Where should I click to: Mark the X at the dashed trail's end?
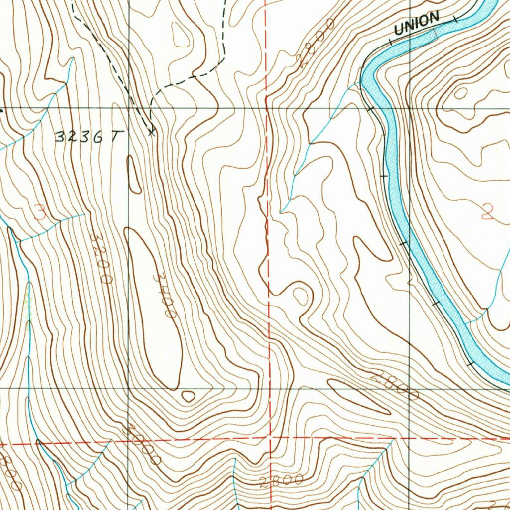152,132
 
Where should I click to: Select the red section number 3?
40,214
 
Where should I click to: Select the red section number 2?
487,213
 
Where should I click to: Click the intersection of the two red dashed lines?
269,439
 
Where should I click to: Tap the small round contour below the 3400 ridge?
188,396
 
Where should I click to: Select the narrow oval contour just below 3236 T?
133,175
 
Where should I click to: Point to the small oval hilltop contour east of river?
461,93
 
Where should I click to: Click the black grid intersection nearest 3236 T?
128,108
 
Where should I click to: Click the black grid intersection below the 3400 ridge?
128,387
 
